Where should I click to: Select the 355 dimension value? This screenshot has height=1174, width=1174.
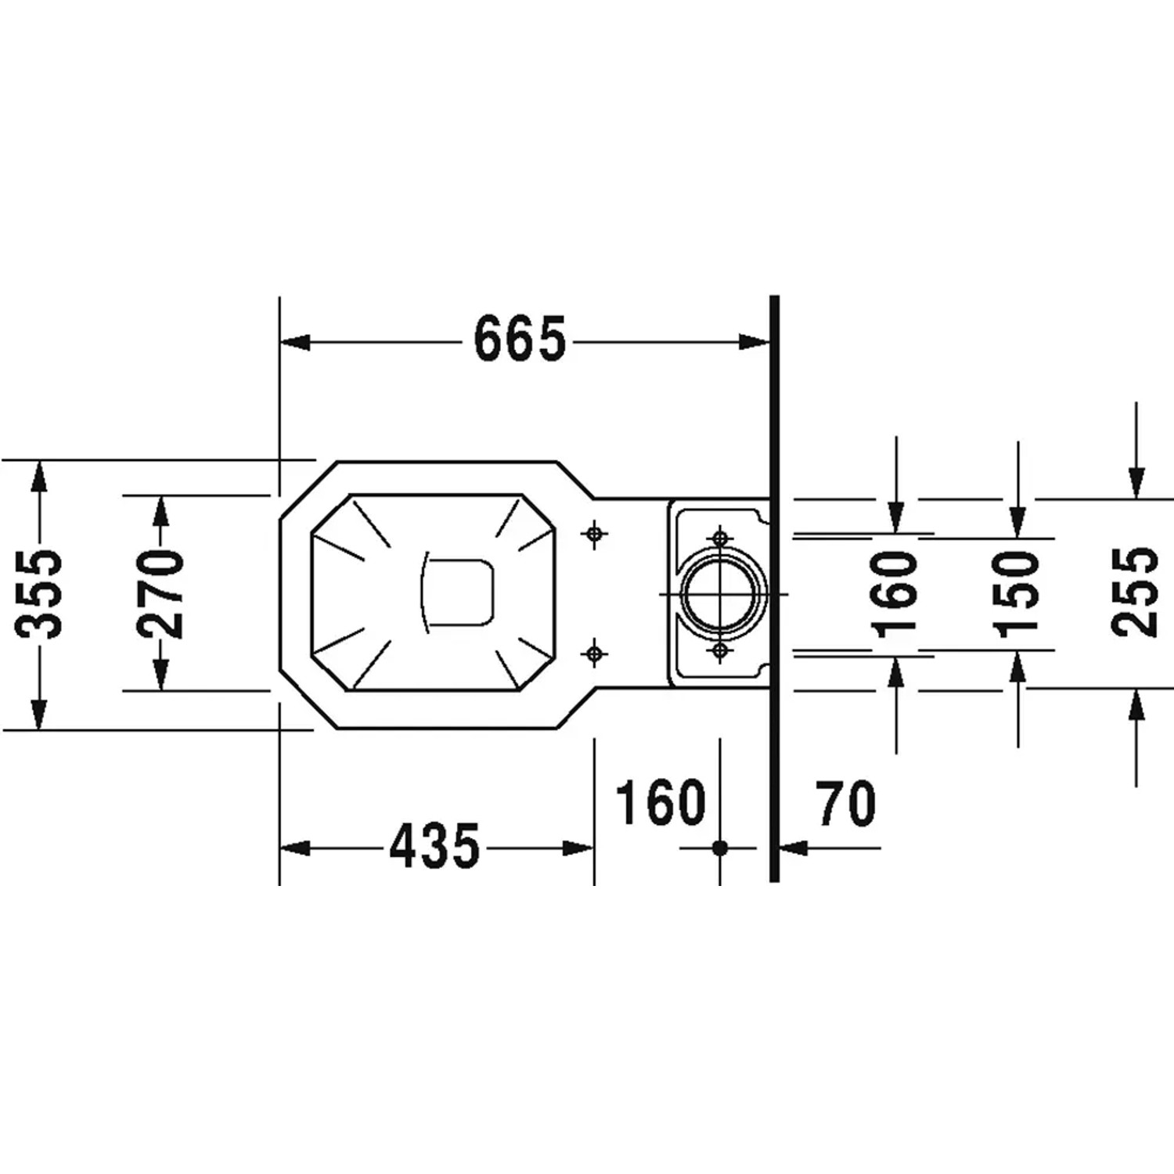[x=38, y=594]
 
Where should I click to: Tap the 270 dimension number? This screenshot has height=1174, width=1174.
[x=160, y=594]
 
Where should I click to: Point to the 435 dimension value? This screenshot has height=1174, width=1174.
[x=434, y=846]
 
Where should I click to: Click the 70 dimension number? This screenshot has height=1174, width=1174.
[x=845, y=804]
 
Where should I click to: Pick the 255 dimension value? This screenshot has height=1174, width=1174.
[x=1135, y=592]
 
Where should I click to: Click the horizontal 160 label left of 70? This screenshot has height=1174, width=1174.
[x=661, y=803]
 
